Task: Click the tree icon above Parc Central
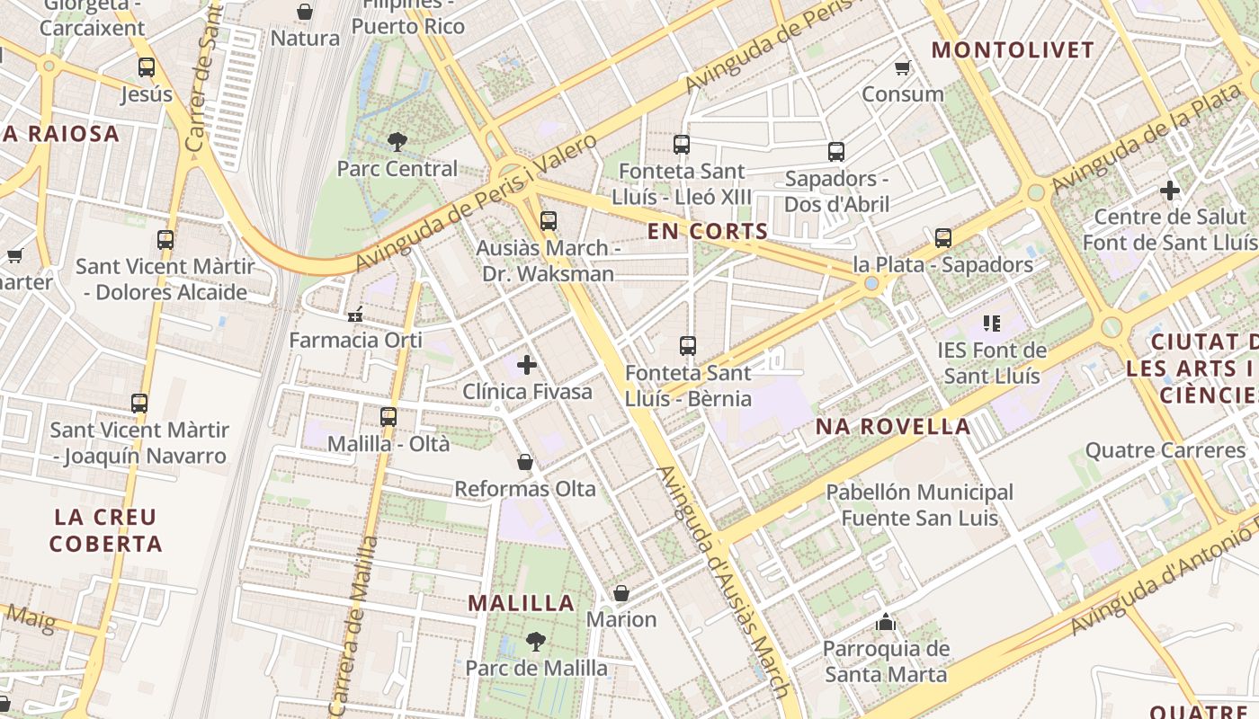pos(397,141)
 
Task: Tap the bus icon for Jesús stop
pos(147,67)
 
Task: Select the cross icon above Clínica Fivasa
pos(527,365)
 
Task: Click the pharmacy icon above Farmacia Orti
pos(355,315)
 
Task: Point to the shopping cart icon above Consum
pos(903,67)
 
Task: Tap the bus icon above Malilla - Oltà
pos(388,417)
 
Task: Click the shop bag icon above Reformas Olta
pos(525,462)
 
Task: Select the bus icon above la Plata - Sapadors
pos(942,238)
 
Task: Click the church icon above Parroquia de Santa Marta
pos(886,622)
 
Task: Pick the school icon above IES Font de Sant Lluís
pos(992,324)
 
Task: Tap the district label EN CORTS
pos(708,232)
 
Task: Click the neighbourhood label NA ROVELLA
pos(893,427)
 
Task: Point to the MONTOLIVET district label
pos(1013,50)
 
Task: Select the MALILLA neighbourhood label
pos(522,603)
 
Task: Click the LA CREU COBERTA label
pos(105,530)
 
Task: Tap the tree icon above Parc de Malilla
pos(536,642)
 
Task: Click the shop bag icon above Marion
pos(621,593)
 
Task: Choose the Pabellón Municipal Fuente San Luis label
pos(919,505)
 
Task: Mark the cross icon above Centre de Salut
pos(1169,191)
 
